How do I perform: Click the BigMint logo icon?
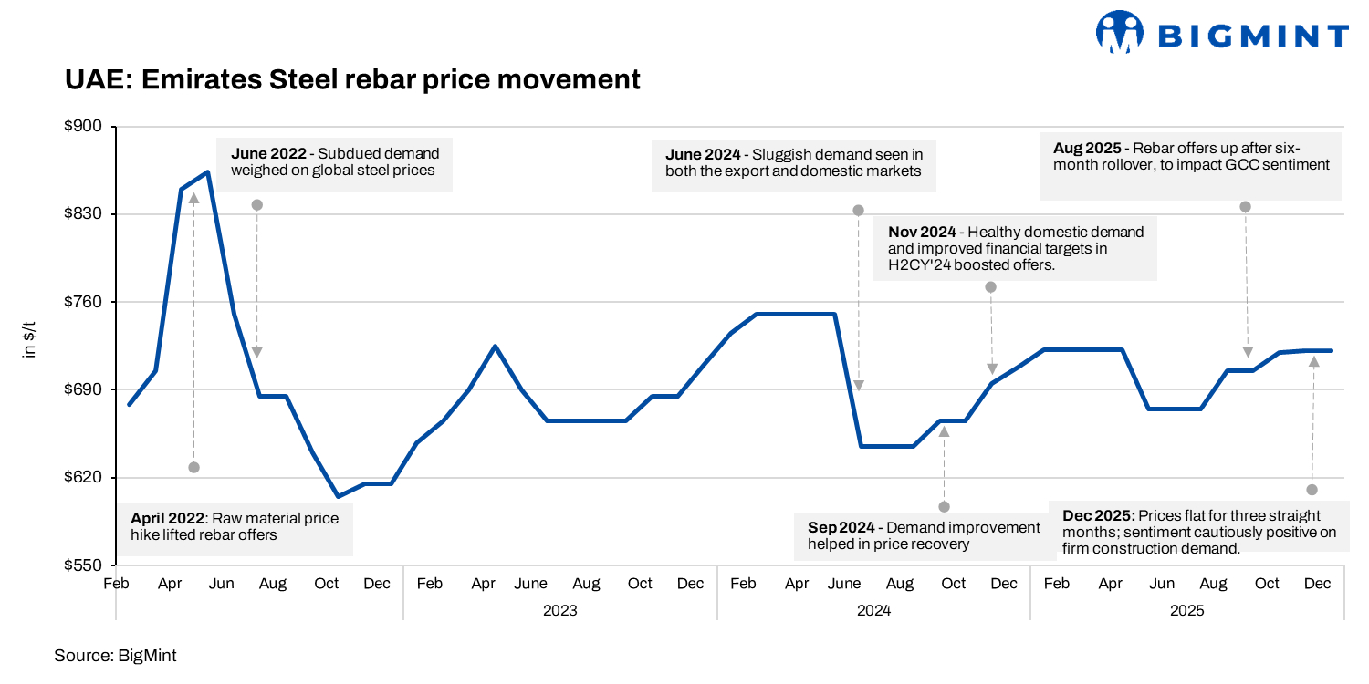(1120, 35)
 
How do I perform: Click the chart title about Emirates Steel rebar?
(352, 79)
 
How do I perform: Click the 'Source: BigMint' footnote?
(115, 656)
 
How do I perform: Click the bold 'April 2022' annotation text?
(168, 519)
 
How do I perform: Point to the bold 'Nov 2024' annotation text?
(921, 231)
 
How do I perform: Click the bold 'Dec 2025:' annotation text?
(1099, 515)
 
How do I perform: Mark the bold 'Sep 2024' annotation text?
(840, 528)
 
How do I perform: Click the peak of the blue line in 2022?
(208, 171)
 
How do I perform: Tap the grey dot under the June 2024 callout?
(858, 211)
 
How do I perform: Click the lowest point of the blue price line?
(338, 497)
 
